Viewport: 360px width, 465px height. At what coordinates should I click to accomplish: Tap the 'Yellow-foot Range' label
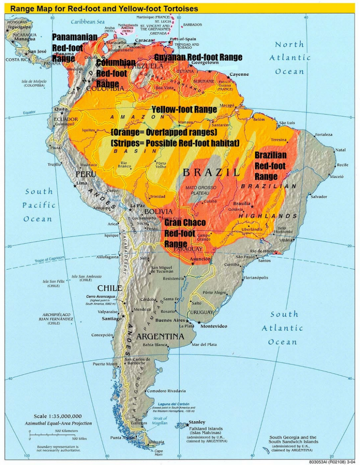[184, 109]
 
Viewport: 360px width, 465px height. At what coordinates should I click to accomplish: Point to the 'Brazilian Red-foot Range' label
[270, 166]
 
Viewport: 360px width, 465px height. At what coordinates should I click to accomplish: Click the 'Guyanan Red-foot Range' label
[198, 57]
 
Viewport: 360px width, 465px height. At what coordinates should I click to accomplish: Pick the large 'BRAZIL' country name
[211, 173]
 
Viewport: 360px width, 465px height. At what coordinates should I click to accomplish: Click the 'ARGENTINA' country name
[160, 336]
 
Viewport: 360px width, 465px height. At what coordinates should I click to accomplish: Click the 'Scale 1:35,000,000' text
[58, 416]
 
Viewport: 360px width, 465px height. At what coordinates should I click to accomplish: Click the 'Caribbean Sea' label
[88, 21]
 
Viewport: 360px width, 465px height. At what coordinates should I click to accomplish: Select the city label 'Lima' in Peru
[82, 183]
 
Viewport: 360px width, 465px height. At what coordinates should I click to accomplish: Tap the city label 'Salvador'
[318, 197]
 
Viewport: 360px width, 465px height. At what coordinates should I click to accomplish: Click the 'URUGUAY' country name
[201, 312]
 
